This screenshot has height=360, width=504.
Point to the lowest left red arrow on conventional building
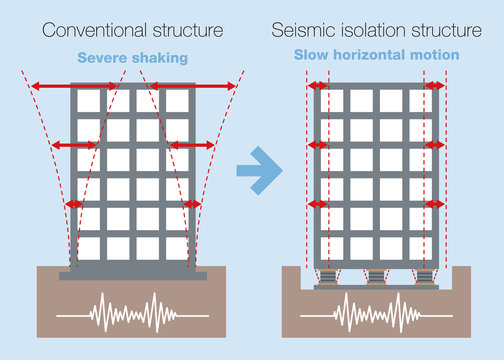74,205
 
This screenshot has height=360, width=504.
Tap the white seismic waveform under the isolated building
376,312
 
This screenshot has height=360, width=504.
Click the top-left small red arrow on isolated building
318,88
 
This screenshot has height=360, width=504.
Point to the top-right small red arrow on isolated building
435,88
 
